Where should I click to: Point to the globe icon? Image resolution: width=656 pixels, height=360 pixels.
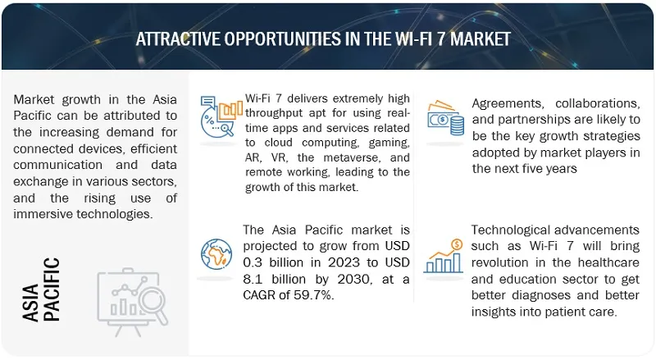(x=216, y=254)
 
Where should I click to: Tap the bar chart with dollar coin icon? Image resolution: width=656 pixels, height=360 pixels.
(x=444, y=256)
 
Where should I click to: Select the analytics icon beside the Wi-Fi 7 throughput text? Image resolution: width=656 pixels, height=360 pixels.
(x=221, y=116)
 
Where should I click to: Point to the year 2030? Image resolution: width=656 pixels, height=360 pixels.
(x=355, y=279)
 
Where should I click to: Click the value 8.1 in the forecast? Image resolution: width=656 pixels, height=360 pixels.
(x=253, y=279)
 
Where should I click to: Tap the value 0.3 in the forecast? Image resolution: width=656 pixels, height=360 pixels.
(x=253, y=262)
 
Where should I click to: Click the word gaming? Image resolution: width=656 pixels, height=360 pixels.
(x=389, y=144)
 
